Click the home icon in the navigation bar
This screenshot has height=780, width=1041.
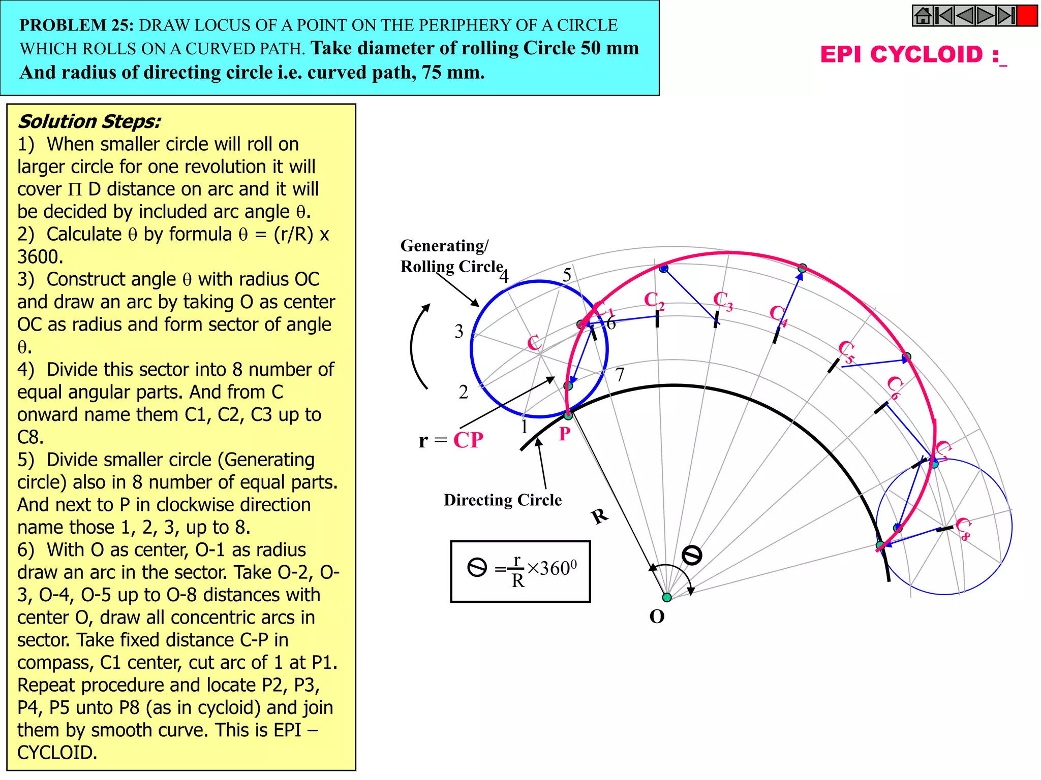click(x=923, y=16)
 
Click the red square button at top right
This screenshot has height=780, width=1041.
click(x=1027, y=16)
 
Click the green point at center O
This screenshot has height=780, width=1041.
click(x=667, y=597)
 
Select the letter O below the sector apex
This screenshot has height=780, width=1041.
click(x=657, y=616)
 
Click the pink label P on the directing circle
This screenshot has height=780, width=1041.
click(x=564, y=434)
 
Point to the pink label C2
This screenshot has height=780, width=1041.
click(x=654, y=301)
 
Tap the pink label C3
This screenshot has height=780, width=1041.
click(x=722, y=301)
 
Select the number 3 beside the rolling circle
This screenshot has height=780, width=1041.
click(x=459, y=332)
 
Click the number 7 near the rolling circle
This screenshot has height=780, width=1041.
click(x=620, y=375)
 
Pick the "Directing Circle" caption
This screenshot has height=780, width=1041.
click(x=502, y=500)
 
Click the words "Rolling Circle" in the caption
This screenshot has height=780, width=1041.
click(x=451, y=267)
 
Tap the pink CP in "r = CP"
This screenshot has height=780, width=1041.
click(x=468, y=440)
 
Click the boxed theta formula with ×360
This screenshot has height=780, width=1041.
click(x=520, y=571)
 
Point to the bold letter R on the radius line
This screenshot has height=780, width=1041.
click(x=600, y=516)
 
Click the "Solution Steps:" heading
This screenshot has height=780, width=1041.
click(x=89, y=122)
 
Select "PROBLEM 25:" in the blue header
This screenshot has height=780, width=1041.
click(x=76, y=25)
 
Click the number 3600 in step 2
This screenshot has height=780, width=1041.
click(x=40, y=257)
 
